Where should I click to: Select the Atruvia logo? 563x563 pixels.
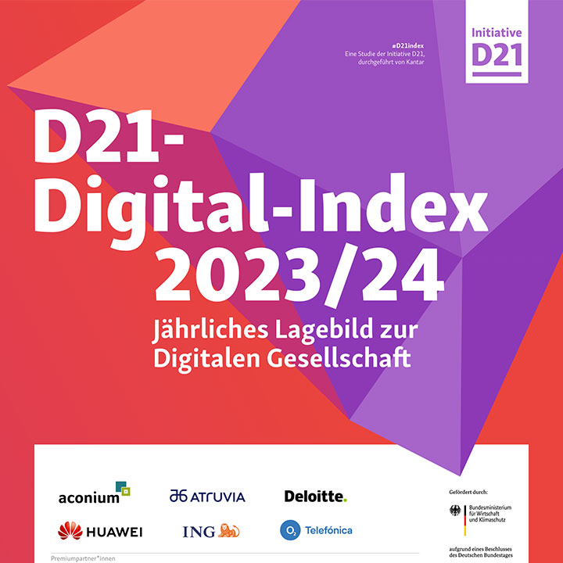(207, 496)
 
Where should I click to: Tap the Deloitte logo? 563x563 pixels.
(315, 496)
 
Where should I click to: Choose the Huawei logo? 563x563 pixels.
(100, 532)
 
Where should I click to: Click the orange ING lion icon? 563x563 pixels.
(229, 531)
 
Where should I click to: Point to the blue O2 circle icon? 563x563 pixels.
(290, 531)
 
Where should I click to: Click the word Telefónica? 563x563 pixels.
(328, 531)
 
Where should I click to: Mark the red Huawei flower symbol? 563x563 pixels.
(70, 532)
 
